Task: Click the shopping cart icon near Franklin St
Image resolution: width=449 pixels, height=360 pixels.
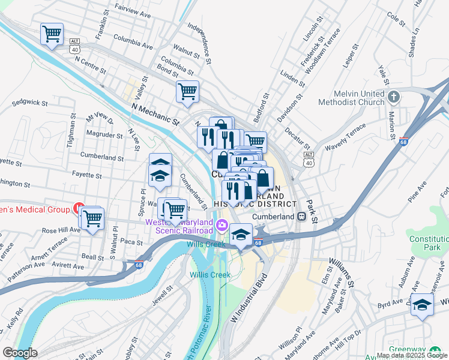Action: pos(52,34)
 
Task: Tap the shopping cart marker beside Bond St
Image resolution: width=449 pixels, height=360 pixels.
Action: pos(187,92)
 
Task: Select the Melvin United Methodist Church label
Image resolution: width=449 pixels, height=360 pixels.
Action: pos(360,98)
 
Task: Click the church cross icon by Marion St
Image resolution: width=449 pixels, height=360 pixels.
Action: pos(394,97)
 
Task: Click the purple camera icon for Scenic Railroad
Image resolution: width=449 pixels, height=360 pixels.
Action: pos(221,226)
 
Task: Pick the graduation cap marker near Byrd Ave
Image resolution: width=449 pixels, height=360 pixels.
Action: pos(422,305)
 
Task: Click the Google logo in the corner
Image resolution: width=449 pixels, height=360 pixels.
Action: pos(20,353)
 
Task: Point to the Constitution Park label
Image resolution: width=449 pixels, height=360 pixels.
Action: pos(429,243)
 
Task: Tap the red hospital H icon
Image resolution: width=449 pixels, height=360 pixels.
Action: pos(77,209)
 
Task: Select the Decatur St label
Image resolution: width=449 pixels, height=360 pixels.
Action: pos(297,139)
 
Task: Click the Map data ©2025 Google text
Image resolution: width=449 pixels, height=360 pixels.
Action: pos(412,355)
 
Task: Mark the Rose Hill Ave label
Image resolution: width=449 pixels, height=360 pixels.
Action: pos(61,230)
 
